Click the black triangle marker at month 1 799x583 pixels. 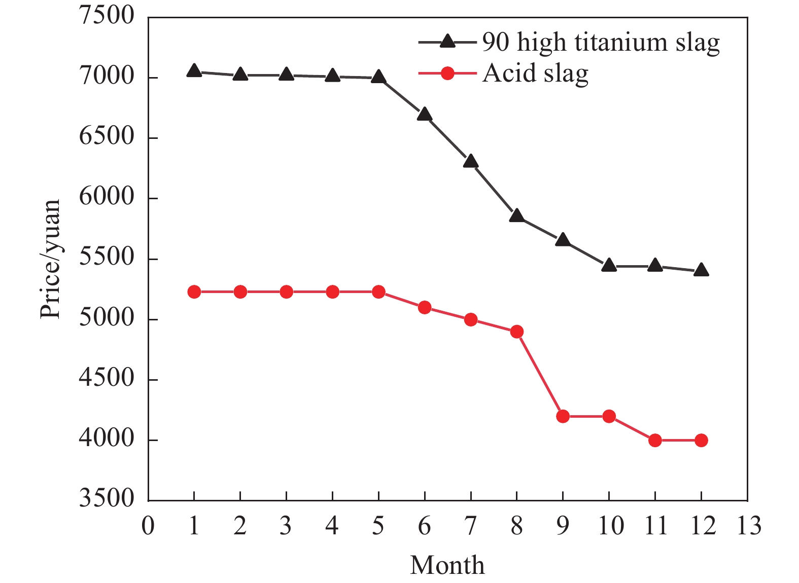coord(194,71)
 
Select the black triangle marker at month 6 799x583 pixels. coord(425,114)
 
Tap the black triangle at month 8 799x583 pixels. coord(516,216)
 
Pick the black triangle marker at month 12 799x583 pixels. coord(701,270)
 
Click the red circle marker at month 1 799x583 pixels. coord(194,292)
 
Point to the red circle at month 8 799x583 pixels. coord(517,332)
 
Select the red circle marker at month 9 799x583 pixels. coord(563,416)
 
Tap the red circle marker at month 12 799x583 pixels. coord(701,441)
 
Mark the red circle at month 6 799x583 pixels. coord(425,307)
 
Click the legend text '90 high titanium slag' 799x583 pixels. coord(601,43)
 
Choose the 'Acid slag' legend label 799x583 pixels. coord(535,74)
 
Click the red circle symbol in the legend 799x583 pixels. coord(447,74)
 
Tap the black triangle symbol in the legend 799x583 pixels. coord(447,41)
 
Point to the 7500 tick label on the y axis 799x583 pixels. coord(107,16)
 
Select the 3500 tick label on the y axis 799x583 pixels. coord(107,498)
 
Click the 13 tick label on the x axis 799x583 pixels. coord(748,526)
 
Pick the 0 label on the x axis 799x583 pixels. coord(148,526)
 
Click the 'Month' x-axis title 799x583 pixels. coord(447,565)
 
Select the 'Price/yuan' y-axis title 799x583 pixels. coord(50,259)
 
